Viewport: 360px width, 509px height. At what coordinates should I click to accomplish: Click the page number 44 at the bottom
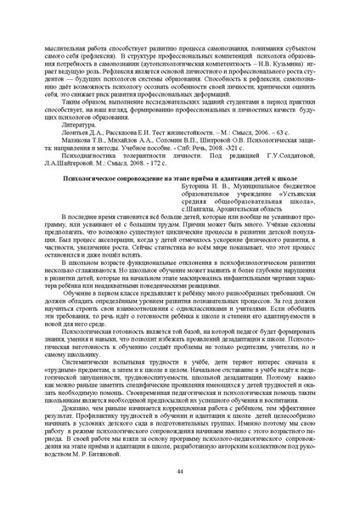click(180, 471)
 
